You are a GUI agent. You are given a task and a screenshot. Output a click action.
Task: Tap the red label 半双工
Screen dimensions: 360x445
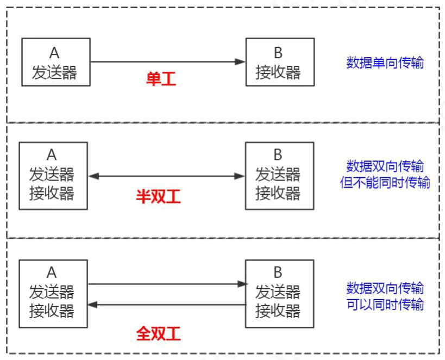tap(158, 196)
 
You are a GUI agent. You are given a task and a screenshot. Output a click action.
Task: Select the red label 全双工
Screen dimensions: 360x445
tap(158, 333)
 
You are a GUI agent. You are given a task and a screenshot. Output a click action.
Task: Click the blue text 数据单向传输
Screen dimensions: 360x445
tap(385, 63)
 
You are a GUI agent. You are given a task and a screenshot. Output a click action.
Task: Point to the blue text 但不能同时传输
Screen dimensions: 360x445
tap(385, 183)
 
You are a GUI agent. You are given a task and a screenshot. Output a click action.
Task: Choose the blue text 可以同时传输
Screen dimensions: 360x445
tap(385, 304)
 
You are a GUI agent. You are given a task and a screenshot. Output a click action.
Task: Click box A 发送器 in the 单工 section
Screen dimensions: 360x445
tap(55, 62)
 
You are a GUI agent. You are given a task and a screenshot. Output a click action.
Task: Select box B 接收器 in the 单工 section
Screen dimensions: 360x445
tap(279, 62)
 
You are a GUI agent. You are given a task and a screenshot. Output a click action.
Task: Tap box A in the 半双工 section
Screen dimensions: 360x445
tap(53, 176)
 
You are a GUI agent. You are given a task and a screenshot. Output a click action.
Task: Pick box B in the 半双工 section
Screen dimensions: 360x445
tap(279, 176)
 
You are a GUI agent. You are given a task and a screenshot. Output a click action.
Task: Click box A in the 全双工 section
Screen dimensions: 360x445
tap(53, 294)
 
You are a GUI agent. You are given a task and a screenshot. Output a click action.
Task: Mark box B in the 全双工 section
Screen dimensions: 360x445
tap(279, 294)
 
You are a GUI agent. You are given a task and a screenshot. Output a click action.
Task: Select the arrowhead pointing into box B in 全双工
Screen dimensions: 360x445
tap(242, 284)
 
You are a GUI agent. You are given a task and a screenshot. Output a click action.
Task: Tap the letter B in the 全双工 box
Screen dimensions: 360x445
tap(278, 272)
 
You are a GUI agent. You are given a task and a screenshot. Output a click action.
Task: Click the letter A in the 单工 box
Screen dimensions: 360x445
tap(54, 53)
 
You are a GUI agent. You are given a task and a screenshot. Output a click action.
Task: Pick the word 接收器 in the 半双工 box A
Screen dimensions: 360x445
tap(52, 193)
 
